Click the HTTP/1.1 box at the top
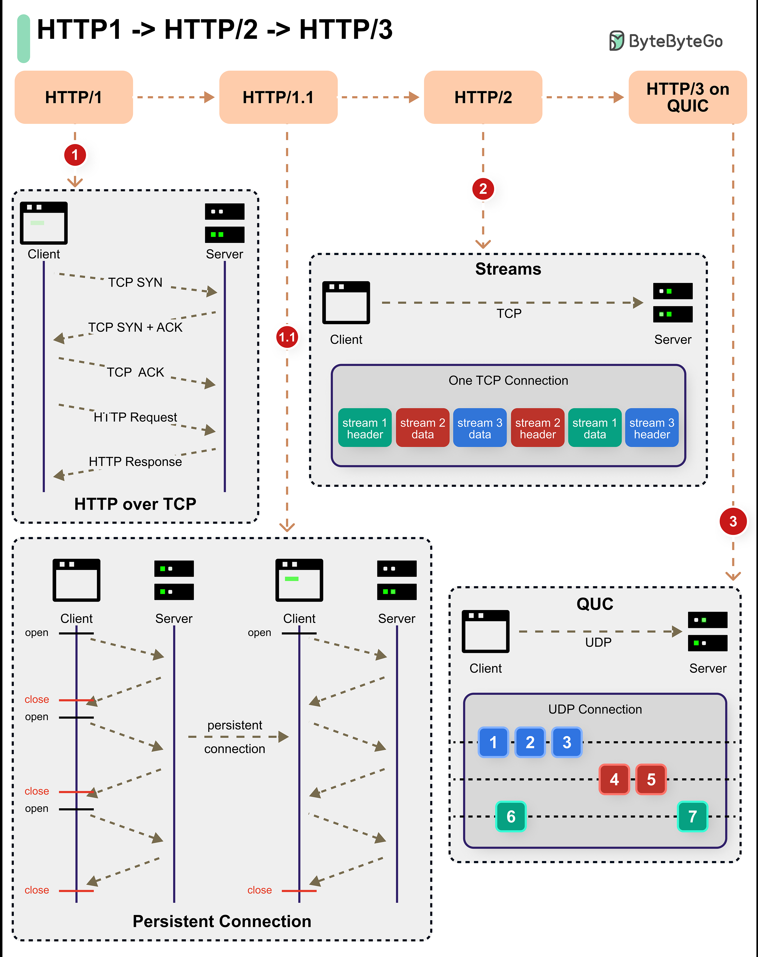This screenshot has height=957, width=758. click(278, 97)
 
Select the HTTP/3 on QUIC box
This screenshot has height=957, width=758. click(688, 97)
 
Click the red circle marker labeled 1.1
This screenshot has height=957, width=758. click(287, 337)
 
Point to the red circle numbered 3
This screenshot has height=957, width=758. click(733, 521)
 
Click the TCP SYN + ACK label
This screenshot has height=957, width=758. click(135, 327)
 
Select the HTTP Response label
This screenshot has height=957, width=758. click(135, 462)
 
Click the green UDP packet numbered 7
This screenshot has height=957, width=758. click(692, 816)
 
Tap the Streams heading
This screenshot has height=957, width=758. click(508, 269)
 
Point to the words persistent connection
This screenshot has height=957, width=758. click(235, 737)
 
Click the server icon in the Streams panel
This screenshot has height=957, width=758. click(672, 303)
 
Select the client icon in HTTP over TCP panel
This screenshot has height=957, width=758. click(43, 223)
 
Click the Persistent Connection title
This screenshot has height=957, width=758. click(222, 921)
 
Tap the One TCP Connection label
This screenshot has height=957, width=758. click(508, 381)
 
